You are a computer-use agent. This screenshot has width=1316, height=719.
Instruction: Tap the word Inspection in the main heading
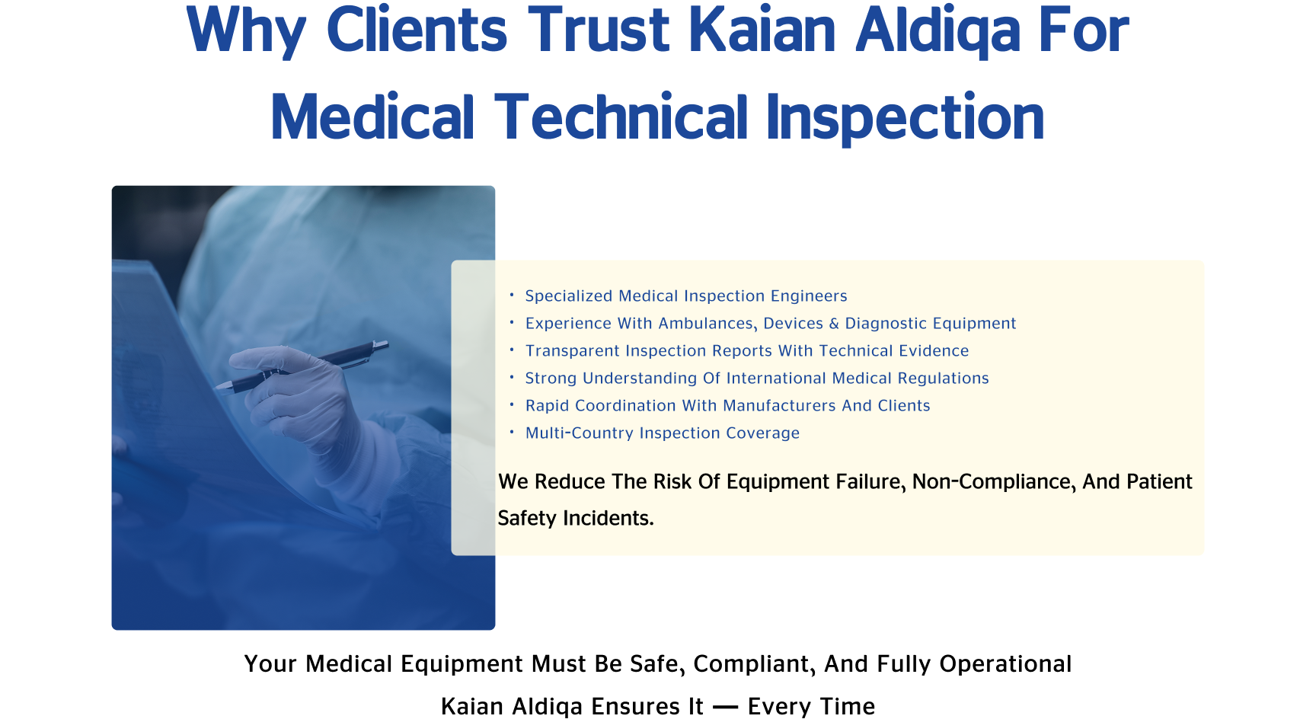tap(905, 118)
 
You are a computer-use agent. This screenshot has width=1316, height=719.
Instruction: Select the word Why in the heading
tap(246, 33)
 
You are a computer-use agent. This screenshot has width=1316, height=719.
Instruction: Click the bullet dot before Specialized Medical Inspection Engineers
tap(512, 294)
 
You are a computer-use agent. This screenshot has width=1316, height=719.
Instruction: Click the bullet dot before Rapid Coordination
tap(512, 404)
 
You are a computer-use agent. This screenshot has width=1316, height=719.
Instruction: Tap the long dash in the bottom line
tap(726, 708)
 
